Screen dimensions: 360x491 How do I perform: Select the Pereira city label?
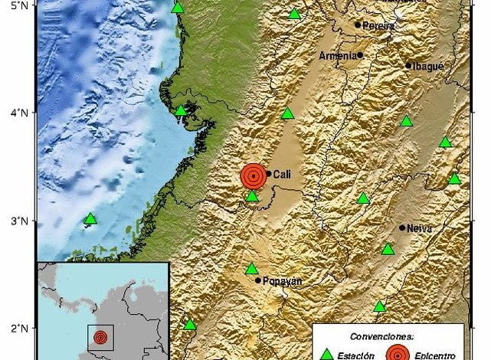coord(379,25)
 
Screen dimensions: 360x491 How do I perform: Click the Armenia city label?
coord(337,55)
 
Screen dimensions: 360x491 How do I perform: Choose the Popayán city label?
coord(282,280)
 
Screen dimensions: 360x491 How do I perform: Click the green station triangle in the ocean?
coord(90,219)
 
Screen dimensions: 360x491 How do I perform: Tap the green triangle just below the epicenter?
coord(252,197)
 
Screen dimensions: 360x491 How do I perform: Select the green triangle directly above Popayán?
coord(251,269)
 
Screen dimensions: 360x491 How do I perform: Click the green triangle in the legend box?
coord(326,354)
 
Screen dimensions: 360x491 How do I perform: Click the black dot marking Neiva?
coord(402,227)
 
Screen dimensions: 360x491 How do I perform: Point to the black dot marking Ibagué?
coord(408,66)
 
